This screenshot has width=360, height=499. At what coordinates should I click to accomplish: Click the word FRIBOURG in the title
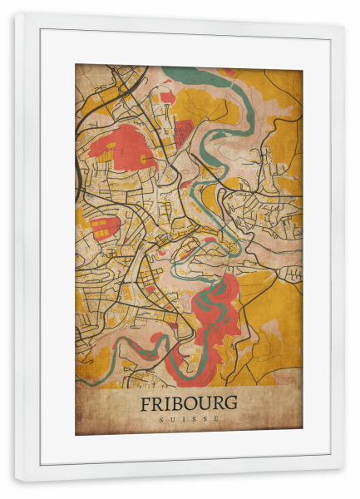(188, 403)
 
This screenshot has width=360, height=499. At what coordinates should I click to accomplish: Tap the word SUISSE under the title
(188, 419)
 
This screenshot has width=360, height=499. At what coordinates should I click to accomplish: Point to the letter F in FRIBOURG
(145, 403)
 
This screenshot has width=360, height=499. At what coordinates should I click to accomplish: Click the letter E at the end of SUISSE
(218, 419)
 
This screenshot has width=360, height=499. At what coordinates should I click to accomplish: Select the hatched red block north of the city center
(183, 131)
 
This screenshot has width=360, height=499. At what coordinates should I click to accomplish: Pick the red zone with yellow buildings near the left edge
(104, 226)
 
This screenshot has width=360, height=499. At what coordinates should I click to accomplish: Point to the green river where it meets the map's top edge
(187, 70)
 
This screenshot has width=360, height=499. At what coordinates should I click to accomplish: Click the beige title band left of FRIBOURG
(104, 408)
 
